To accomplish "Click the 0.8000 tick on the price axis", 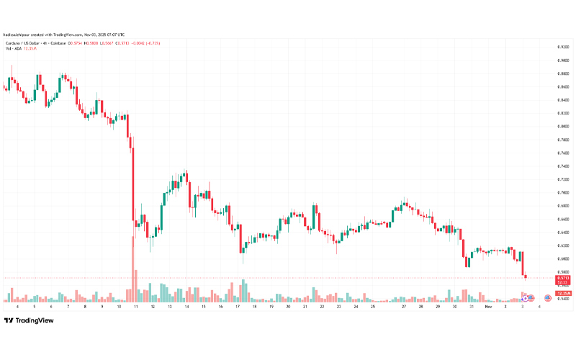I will pos(563,127).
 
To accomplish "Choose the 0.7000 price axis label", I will pos(563,193).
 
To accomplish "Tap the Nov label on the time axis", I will pos(488,306).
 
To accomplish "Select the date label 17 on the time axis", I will pos(237,306).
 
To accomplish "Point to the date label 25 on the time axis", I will pos(373,306).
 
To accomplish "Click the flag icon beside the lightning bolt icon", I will pos(548,297).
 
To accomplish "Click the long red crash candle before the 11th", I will pos(131,180).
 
